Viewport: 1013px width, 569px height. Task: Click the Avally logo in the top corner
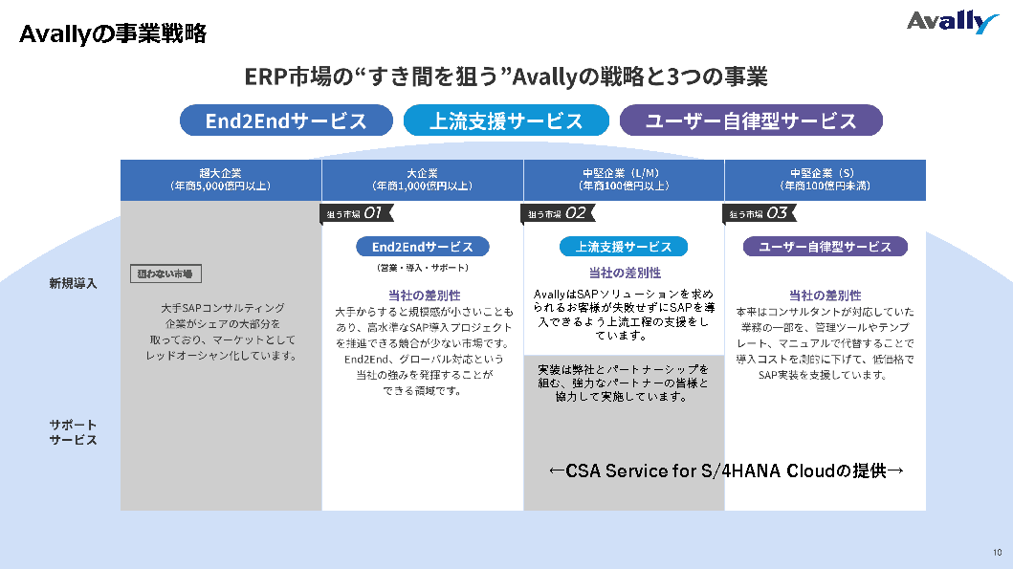pos(952,22)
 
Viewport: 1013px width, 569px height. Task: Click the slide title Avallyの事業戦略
pos(113,34)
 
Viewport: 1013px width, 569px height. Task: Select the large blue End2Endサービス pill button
pos(286,120)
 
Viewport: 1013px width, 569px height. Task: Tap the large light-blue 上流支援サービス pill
pos(506,120)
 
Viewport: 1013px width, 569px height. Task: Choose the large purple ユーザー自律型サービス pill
pos(751,120)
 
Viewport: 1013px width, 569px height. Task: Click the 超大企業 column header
pos(221,180)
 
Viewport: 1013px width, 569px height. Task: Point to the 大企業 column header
pos(422,180)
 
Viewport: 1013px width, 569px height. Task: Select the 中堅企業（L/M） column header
pos(624,180)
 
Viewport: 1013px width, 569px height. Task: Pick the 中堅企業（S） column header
pos(825,180)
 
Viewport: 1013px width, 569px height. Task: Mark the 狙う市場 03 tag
pos(758,213)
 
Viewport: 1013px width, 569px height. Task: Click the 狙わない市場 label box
pos(165,274)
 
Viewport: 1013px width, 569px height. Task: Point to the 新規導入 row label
pos(74,283)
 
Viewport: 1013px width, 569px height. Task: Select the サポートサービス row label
pos(74,432)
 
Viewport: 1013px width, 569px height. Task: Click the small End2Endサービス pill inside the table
pos(422,247)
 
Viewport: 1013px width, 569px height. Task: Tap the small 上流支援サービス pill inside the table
pos(624,247)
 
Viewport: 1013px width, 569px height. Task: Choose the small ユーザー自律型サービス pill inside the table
pos(825,247)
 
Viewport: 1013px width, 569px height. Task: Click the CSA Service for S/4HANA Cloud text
pos(727,471)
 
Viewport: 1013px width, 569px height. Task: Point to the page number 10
pos(997,553)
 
